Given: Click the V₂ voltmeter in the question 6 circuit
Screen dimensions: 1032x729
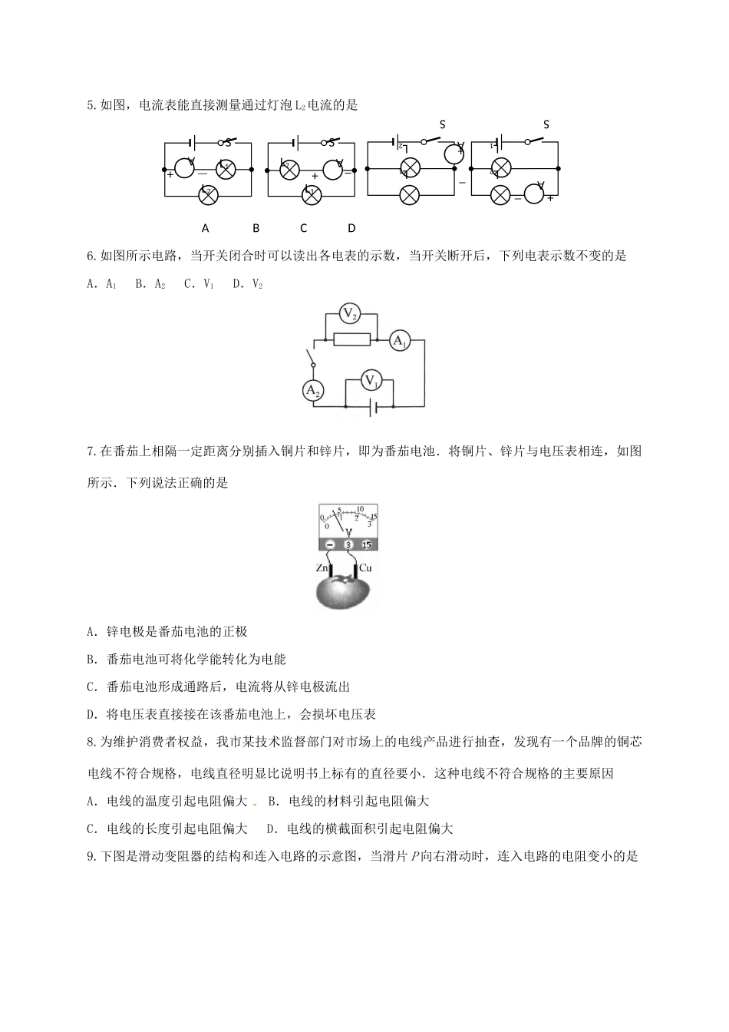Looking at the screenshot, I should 349,313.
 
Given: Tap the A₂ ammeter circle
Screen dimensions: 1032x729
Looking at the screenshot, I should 312,391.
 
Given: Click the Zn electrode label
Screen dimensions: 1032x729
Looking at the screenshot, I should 322,568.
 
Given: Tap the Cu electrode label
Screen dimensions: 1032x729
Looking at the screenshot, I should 365,568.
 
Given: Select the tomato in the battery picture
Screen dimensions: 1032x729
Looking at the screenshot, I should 346,592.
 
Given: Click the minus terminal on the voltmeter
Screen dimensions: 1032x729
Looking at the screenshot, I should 329,545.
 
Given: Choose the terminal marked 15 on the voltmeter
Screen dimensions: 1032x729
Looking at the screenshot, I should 366,545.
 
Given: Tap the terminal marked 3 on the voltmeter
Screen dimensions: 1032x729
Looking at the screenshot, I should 348,545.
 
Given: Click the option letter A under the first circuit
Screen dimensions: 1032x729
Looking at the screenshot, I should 205,228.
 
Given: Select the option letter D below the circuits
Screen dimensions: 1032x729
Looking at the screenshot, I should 351,228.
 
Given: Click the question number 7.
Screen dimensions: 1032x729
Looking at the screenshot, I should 91,451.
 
